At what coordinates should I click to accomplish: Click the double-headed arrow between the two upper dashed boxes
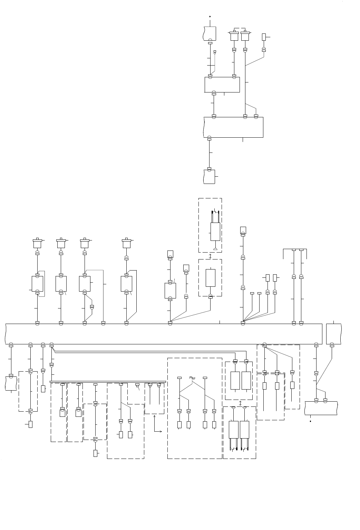point(210,256)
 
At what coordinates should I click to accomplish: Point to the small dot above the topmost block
point(210,16)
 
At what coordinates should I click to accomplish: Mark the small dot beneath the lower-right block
point(310,421)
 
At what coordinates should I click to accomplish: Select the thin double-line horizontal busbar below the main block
point(108,382)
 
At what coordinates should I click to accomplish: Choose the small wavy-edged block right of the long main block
point(333,334)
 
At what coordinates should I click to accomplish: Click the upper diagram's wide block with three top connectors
point(233,127)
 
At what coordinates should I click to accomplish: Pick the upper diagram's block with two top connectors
point(222,85)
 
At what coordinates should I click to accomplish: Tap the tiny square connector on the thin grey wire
point(215,52)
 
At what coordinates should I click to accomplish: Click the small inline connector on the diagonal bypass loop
point(92,306)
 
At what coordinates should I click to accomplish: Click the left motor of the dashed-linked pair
point(234,36)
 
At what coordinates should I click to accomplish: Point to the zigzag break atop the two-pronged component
point(215,211)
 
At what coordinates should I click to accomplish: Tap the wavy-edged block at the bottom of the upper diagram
point(209,177)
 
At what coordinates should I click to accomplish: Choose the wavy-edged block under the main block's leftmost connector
point(11,383)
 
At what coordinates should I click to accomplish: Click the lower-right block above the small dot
point(321,408)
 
